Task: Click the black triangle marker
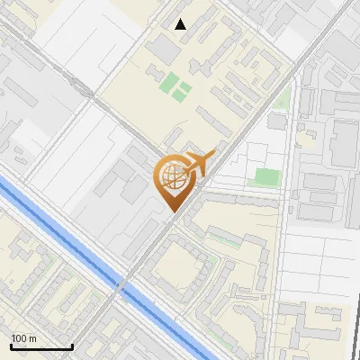(x=181, y=24)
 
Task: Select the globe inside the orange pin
(x=173, y=178)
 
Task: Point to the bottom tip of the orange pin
(x=173, y=210)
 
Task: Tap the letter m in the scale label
(x=33, y=338)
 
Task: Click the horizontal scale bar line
(x=41, y=346)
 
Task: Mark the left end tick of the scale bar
(x=11, y=345)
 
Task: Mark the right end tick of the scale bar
(x=72, y=345)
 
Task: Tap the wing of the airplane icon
(x=200, y=155)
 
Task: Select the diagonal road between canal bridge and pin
(x=144, y=252)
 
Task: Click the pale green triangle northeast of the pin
(x=282, y=100)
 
